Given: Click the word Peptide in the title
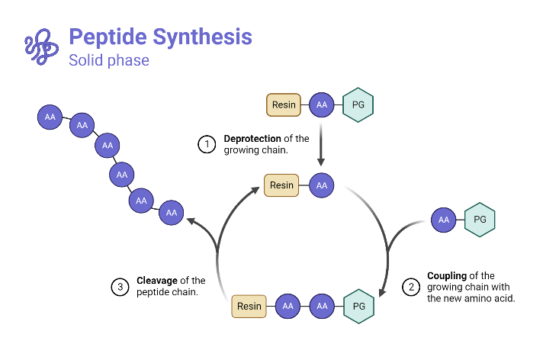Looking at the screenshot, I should click(104, 36).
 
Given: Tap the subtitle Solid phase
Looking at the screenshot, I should click(109, 60).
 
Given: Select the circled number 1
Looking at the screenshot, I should click(207, 144).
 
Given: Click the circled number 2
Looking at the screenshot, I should click(411, 287).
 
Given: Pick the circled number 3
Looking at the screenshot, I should click(120, 287).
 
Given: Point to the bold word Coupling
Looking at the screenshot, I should click(449, 276).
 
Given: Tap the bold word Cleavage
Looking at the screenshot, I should click(158, 281).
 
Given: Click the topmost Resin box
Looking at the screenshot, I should click(284, 105).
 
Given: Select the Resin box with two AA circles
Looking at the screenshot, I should click(249, 307).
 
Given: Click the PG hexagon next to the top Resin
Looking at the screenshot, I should click(358, 105).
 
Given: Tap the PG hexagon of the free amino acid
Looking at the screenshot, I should click(480, 220).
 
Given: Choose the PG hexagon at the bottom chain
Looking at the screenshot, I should click(358, 307).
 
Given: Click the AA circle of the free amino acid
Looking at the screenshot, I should click(443, 220).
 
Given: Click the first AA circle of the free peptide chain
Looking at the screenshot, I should click(50, 117).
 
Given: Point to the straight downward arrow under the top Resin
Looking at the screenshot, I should click(321, 145).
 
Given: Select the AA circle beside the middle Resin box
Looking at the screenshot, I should click(321, 185).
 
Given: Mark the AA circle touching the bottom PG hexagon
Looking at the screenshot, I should click(321, 307).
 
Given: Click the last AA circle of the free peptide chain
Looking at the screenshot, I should click(172, 213).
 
